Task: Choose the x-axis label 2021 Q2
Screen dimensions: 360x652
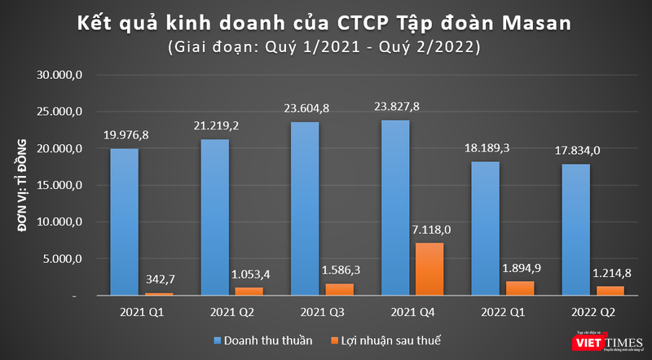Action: [230, 312]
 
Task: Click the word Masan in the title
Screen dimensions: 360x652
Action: [543, 22]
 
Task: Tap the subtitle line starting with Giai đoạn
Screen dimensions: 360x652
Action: [324, 47]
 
